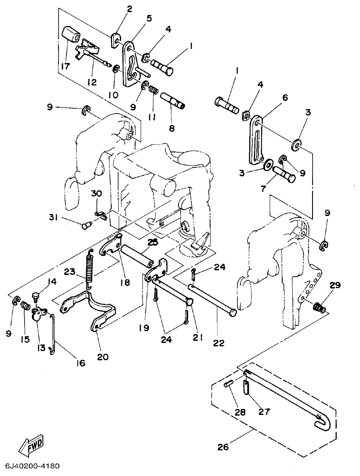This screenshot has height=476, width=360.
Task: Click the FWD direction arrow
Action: [31, 447]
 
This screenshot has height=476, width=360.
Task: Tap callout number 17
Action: [65, 67]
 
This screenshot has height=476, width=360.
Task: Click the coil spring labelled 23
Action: [90, 269]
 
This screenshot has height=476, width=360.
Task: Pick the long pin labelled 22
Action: [213, 299]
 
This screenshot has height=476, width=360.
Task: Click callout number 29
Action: [335, 285]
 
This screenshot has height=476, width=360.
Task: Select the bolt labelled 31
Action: [87, 225]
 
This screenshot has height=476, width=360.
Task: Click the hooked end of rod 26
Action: [323, 422]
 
